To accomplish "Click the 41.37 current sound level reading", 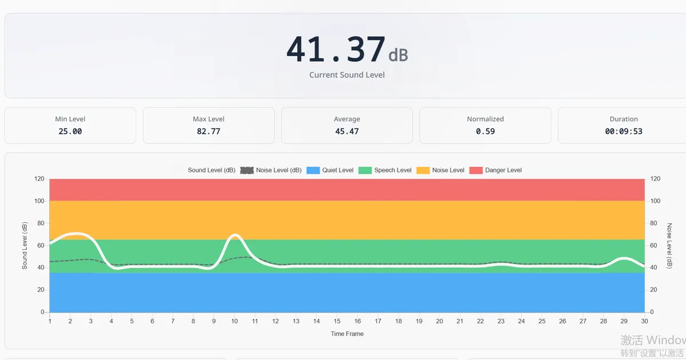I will [336, 50].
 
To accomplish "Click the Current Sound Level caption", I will [347, 75].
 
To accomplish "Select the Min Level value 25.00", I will [70, 131].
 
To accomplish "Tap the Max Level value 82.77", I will [209, 131].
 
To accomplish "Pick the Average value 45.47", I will [347, 131].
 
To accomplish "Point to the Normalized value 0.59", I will [485, 131].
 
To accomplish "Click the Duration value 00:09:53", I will [624, 131].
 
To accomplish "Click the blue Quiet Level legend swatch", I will [313, 170].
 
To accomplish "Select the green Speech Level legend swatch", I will [365, 170].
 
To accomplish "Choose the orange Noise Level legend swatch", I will [422, 170].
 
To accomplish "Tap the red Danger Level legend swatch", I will [476, 170].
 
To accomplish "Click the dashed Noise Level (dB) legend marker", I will [247, 170].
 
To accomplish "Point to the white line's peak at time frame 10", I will [234, 235].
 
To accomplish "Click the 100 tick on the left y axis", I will [39, 201].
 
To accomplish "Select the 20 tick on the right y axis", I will [655, 290].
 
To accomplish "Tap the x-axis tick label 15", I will [337, 322].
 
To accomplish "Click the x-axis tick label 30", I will [645, 322].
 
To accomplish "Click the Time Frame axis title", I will [347, 334].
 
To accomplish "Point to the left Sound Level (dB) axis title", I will [25, 246].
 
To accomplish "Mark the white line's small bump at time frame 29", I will [624, 259].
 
